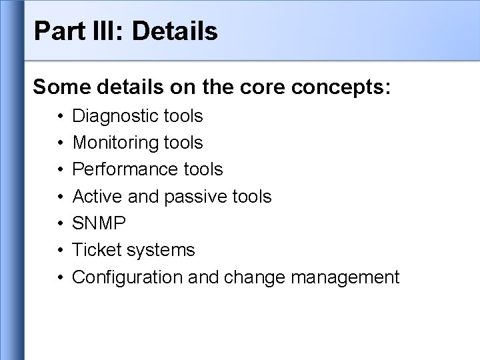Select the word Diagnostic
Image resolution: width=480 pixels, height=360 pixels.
point(115,117)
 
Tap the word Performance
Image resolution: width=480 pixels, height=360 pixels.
point(121,170)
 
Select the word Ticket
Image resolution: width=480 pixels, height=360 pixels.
point(93,250)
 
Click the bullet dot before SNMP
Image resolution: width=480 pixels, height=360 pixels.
point(59,223)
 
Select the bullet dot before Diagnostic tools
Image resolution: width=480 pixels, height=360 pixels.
point(59,117)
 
